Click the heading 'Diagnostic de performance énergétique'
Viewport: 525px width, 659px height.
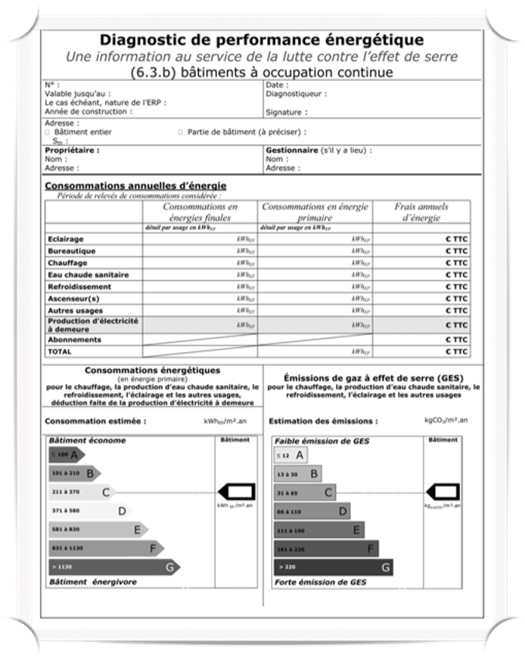pos(262,40)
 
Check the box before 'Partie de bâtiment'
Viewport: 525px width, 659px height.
pos(180,133)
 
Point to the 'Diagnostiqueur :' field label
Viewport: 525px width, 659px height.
pos(296,94)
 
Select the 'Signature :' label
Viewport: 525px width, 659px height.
pos(283,112)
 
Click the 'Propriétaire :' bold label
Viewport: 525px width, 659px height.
pos(72,150)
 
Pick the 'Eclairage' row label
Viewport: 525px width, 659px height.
pos(66,239)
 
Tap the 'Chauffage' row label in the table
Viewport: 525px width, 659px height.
pos(67,263)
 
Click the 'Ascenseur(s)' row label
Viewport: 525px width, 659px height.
pos(74,298)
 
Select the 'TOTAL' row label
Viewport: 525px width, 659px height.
pos(60,351)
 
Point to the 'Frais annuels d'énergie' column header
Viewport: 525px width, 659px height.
pos(421,212)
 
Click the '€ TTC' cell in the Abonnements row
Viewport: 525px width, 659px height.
pos(457,340)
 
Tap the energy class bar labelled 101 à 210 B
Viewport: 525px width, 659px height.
pos(74,472)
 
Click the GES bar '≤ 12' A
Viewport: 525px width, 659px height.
pos(290,455)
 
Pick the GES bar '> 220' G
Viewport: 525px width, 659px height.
pos(333,567)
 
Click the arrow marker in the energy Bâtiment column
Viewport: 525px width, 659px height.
pos(236,492)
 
